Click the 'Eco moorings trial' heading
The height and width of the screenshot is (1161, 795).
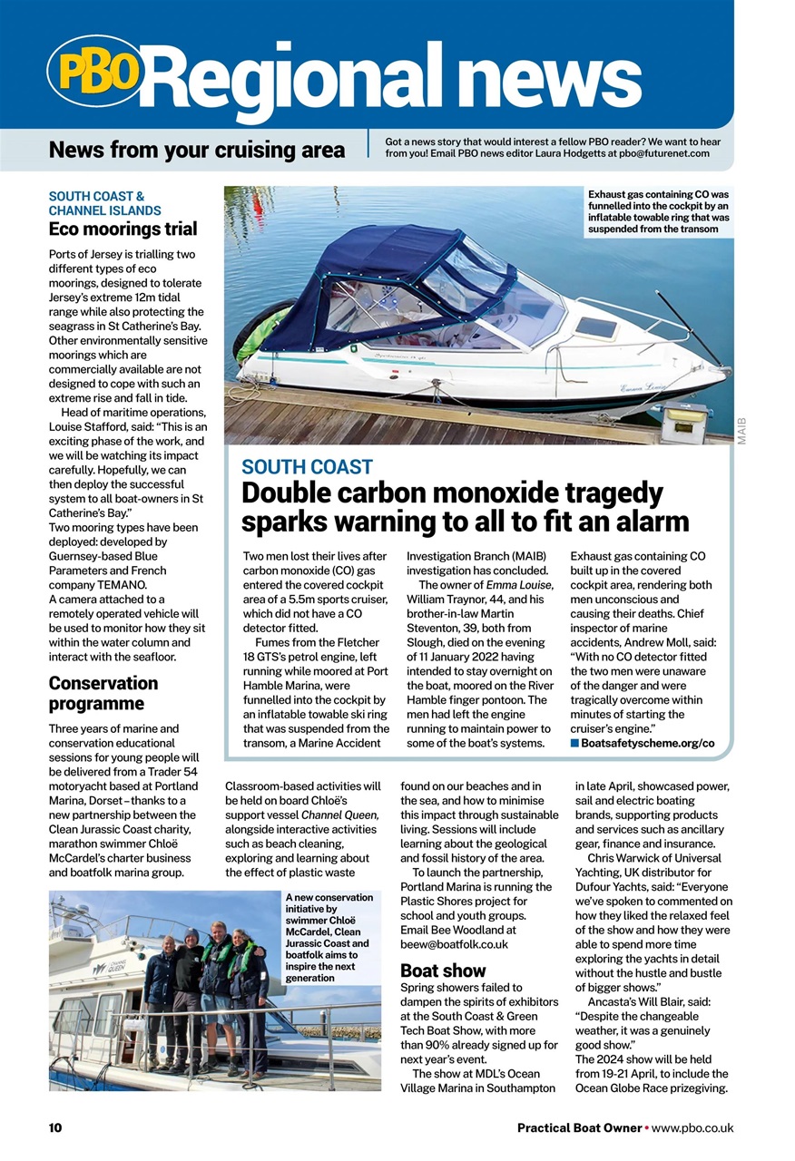pyautogui.click(x=123, y=229)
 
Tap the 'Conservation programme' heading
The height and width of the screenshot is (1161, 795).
pyautogui.click(x=103, y=693)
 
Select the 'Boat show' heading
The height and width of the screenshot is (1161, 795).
pyautogui.click(x=443, y=971)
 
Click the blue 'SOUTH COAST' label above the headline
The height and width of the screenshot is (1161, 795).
pyautogui.click(x=307, y=467)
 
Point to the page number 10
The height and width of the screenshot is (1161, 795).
pyautogui.click(x=55, y=1128)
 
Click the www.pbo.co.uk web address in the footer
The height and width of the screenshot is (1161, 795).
pyautogui.click(x=692, y=1128)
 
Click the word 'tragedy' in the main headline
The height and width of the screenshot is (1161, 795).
pyautogui.click(x=600, y=493)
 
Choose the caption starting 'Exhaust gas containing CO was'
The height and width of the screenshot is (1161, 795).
pyautogui.click(x=658, y=211)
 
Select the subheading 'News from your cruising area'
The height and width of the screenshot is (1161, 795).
pyautogui.click(x=197, y=150)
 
